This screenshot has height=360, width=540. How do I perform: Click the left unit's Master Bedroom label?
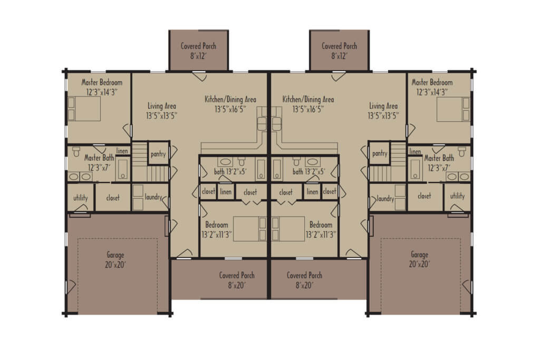point(102,87)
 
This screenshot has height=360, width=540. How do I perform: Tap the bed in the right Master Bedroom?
point(453,110)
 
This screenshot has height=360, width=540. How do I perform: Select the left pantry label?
point(158,154)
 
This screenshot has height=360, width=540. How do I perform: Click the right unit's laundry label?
point(385,199)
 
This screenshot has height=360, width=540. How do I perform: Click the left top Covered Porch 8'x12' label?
point(198,51)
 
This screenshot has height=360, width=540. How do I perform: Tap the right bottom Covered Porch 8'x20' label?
point(305,280)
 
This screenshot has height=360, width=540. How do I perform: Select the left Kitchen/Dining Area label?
point(230,104)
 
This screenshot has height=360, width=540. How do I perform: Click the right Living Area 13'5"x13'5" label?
point(383,111)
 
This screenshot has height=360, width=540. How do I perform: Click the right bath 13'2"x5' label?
point(309,171)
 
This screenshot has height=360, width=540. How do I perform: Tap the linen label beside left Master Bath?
point(122,151)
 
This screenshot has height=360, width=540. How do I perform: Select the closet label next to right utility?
point(425,196)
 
